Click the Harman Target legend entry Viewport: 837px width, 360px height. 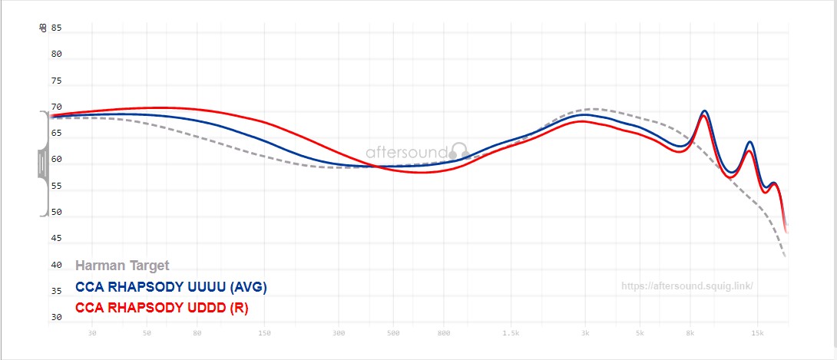[x=122, y=266]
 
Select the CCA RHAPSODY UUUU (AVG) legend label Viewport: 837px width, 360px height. [x=171, y=287]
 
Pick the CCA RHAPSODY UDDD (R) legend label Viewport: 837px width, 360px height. [x=161, y=307]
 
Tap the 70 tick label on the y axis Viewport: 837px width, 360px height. [x=56, y=107]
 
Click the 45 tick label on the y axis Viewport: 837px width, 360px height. [x=56, y=239]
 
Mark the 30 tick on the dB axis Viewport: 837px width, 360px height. [x=56, y=317]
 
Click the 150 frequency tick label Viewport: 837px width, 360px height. [x=265, y=333]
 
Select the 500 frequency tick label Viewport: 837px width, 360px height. [x=393, y=333]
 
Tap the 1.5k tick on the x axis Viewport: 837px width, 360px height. [x=509, y=333]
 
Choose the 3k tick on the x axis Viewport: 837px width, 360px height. [x=585, y=333]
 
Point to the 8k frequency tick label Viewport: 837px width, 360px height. [x=691, y=333]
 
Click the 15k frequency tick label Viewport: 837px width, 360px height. [x=758, y=333]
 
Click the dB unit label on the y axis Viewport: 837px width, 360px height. [x=42, y=28]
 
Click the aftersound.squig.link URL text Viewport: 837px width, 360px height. [x=686, y=286]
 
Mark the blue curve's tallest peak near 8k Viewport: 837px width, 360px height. [x=704, y=111]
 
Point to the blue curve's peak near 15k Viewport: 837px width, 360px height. [x=749, y=142]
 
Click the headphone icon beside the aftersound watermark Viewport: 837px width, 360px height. [x=458, y=150]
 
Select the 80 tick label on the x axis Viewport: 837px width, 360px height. [x=197, y=333]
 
